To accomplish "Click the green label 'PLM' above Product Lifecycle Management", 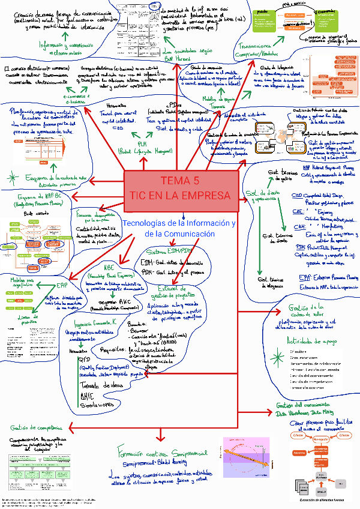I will coord(142,144).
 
